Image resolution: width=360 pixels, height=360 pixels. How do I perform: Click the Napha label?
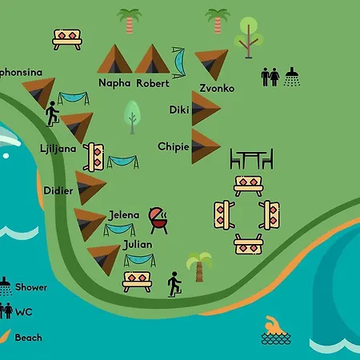114,82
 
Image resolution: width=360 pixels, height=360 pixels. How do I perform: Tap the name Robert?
152,82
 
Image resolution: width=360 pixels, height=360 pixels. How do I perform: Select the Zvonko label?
217,88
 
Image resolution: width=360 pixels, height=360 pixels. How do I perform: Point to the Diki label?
179,110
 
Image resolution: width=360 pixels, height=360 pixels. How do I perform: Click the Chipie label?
174,146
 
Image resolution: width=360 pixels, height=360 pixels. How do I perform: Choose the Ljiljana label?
57,149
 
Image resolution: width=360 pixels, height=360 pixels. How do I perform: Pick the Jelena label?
123,214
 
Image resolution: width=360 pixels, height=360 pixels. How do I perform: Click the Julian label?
138,244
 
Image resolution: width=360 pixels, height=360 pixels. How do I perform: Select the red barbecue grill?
159,219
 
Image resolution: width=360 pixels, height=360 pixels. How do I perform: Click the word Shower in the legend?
31,287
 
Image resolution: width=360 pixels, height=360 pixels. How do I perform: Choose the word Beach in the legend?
28,338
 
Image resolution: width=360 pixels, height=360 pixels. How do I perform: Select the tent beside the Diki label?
205,109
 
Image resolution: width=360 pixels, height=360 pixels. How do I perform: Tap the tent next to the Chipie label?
205,146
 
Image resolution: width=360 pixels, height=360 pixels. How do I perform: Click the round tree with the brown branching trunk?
248,35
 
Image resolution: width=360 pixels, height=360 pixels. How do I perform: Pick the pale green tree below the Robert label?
132,116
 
